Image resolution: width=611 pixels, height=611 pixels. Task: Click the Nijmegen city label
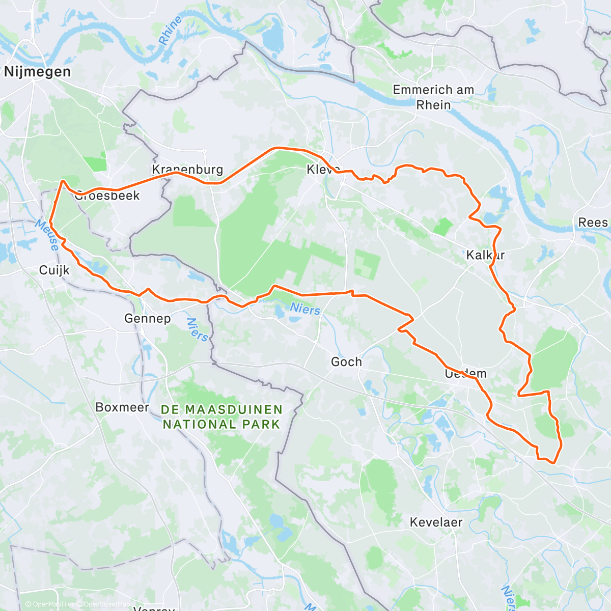point(37,72)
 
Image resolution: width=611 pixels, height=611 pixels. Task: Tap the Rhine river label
point(170,31)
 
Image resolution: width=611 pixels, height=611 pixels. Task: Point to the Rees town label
point(593,223)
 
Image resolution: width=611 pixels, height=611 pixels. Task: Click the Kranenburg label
point(187,170)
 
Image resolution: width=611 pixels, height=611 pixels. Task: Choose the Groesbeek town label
point(107,196)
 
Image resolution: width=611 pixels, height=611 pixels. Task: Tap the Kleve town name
point(323,170)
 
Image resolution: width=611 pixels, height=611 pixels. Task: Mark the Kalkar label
point(485,255)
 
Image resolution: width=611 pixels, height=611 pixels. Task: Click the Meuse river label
point(47,235)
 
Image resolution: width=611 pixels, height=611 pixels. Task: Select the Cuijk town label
point(54,270)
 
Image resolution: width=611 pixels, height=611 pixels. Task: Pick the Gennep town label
point(147,319)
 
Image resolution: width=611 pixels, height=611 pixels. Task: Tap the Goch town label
point(346,362)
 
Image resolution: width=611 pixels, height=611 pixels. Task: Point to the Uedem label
point(465,374)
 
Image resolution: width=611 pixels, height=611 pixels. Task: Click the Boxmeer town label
point(122,407)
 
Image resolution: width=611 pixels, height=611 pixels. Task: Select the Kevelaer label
point(436,522)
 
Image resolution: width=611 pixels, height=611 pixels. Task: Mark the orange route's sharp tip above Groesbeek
point(63,181)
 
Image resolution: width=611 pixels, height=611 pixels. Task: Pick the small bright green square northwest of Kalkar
point(443,227)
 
